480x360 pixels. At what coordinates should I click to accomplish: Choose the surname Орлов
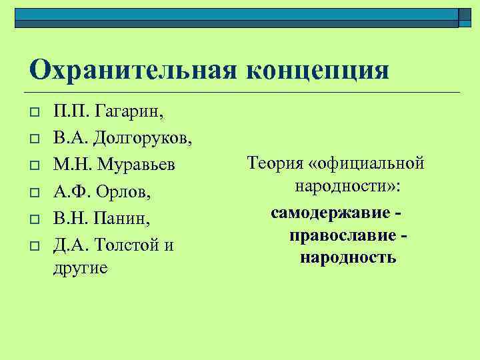(x=125, y=192)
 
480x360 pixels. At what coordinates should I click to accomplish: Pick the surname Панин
(x=123, y=219)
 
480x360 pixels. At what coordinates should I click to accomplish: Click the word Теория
(x=273, y=162)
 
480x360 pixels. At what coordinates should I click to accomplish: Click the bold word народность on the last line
(x=348, y=257)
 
